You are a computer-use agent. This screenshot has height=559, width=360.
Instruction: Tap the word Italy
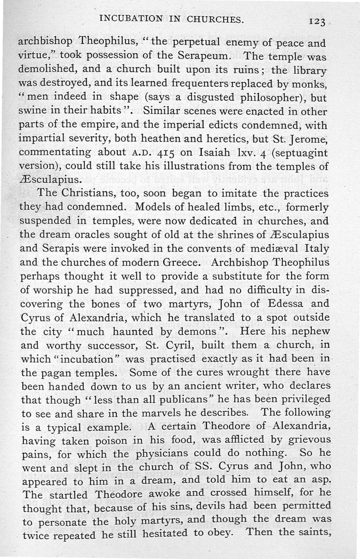pyautogui.click(x=314, y=249)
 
